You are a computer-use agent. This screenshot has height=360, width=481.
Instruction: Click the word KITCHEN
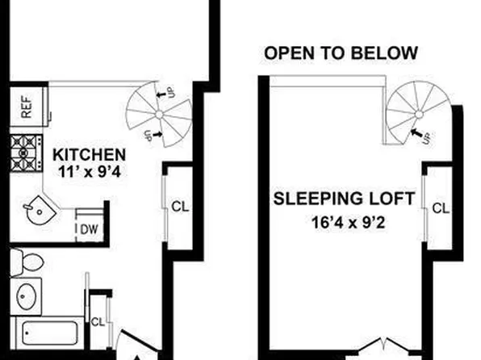89,154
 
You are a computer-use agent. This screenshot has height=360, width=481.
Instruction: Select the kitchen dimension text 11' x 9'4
89,170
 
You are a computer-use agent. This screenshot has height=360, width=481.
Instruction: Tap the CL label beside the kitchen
180,206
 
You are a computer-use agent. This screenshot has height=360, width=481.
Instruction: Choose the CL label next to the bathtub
98,321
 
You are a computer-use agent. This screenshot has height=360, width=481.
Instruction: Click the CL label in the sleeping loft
440,208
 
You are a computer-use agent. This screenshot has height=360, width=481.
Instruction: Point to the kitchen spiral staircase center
160,114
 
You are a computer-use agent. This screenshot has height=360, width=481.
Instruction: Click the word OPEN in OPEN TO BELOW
288,54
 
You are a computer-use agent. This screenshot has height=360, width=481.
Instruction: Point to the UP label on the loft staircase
426,139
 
